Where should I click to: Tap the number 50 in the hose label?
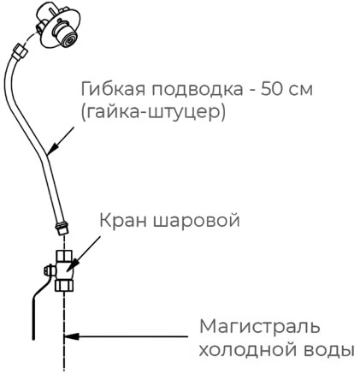pyautogui.click(x=270, y=89)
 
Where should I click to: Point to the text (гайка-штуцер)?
pyautogui.click(x=153, y=112)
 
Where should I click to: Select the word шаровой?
pyautogui.click(x=197, y=222)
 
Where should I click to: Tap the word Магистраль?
pyautogui.click(x=259, y=326)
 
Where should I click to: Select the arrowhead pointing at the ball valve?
pyautogui.click(x=71, y=267)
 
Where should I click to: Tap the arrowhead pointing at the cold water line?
pyautogui.click(x=71, y=336)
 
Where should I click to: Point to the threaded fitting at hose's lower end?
pyautogui.click(x=62, y=229)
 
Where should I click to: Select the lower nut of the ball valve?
pyautogui.click(x=64, y=285)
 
